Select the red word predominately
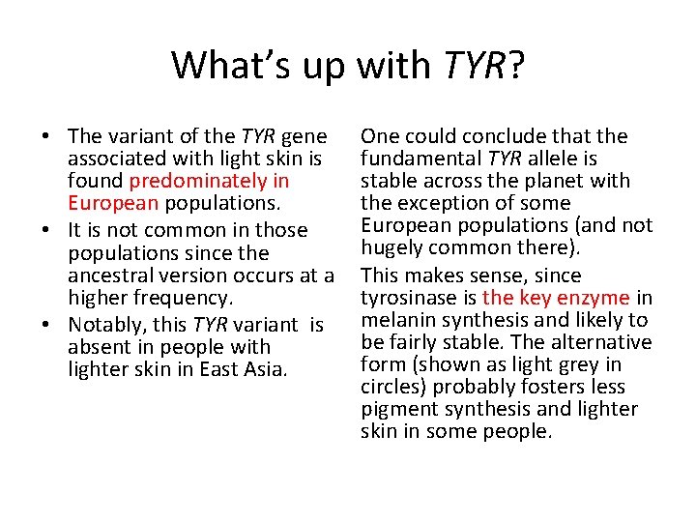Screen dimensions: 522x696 click(x=209, y=181)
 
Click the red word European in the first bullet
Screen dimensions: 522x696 click(x=114, y=203)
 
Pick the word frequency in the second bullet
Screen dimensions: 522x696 click(x=194, y=299)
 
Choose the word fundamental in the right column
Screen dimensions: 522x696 click(x=421, y=159)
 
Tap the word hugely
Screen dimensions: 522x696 click(x=392, y=247)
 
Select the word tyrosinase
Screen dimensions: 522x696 click(x=409, y=298)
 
